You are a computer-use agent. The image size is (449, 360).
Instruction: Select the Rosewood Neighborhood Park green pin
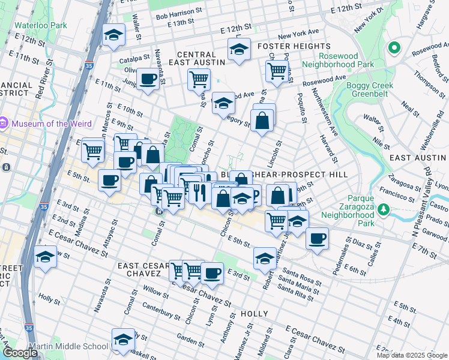click(x=394, y=48)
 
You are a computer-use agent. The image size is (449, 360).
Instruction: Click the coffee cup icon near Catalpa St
click(x=148, y=78)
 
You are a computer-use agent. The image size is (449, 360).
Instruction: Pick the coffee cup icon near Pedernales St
click(x=317, y=238)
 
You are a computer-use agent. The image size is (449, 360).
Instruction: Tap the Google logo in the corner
click(x=20, y=353)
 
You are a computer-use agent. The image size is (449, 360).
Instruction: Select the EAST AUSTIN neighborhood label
click(x=418, y=157)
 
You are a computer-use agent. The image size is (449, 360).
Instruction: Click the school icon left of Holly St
click(x=46, y=257)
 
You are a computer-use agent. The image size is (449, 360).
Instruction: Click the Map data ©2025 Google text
click(x=412, y=355)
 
